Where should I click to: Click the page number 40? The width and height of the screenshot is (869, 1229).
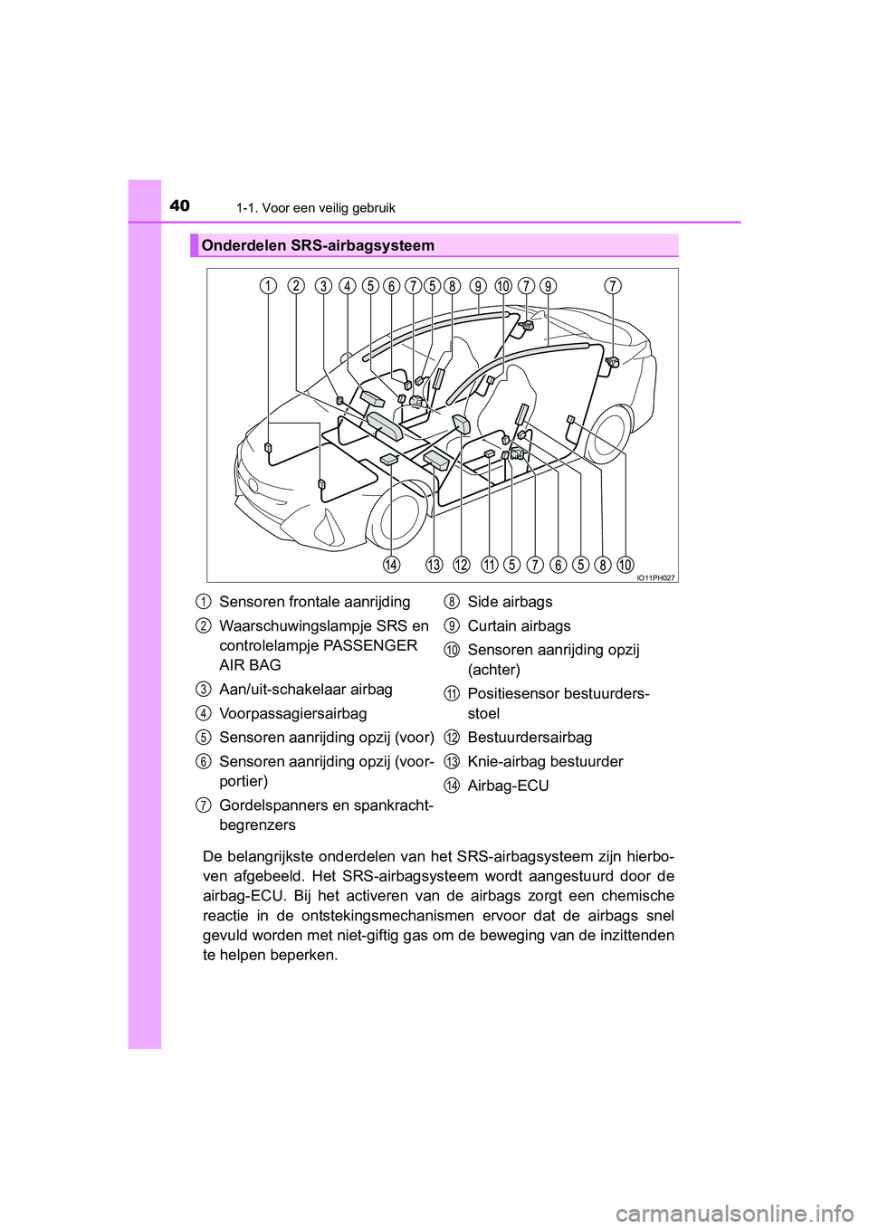(x=180, y=205)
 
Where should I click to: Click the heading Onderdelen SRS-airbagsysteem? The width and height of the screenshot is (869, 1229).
(x=318, y=245)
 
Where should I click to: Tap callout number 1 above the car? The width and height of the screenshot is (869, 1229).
(x=267, y=286)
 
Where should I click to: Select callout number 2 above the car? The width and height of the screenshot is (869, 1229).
(x=295, y=286)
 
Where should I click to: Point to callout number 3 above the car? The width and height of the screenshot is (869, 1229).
(x=323, y=286)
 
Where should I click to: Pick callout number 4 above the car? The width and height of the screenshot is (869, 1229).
(x=347, y=286)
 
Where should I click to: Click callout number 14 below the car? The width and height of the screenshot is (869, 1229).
(x=391, y=566)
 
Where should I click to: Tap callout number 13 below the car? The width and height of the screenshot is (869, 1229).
(x=434, y=566)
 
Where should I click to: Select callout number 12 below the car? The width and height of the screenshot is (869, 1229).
(x=462, y=566)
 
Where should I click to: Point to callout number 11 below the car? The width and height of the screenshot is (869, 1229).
(x=490, y=566)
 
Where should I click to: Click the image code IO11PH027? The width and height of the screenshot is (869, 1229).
(x=655, y=576)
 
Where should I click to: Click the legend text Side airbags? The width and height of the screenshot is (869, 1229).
(x=510, y=602)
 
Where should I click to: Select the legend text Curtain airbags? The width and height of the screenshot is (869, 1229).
(x=519, y=626)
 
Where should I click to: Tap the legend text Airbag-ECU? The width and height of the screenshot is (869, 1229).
(x=508, y=786)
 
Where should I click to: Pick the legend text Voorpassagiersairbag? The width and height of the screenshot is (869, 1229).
(x=292, y=713)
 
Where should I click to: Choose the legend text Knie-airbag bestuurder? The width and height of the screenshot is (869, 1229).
(x=545, y=761)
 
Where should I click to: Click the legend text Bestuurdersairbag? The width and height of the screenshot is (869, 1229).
(x=530, y=738)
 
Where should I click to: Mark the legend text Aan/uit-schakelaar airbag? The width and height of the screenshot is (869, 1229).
(x=306, y=690)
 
